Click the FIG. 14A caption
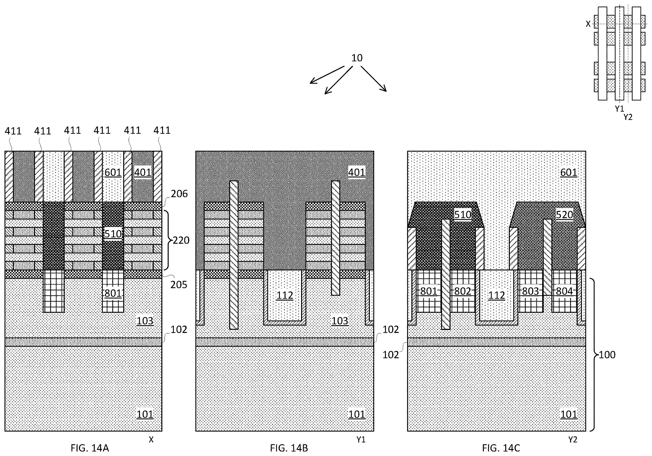(x=90, y=448)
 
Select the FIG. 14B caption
(x=289, y=448)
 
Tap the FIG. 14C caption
(x=501, y=448)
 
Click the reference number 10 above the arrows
(x=357, y=58)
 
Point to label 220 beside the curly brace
(x=181, y=240)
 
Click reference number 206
(x=179, y=194)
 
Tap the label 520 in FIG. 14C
(x=564, y=215)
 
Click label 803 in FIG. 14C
(x=530, y=291)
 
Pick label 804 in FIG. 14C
(x=564, y=291)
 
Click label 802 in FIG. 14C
(x=463, y=291)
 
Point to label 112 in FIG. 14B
(x=285, y=295)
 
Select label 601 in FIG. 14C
(x=569, y=172)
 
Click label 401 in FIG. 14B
(x=357, y=172)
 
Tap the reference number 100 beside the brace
(x=607, y=355)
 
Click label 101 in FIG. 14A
(x=145, y=414)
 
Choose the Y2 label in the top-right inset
(x=628, y=117)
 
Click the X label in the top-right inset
(x=588, y=24)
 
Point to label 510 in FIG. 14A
(x=113, y=234)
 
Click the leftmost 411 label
(x=13, y=131)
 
